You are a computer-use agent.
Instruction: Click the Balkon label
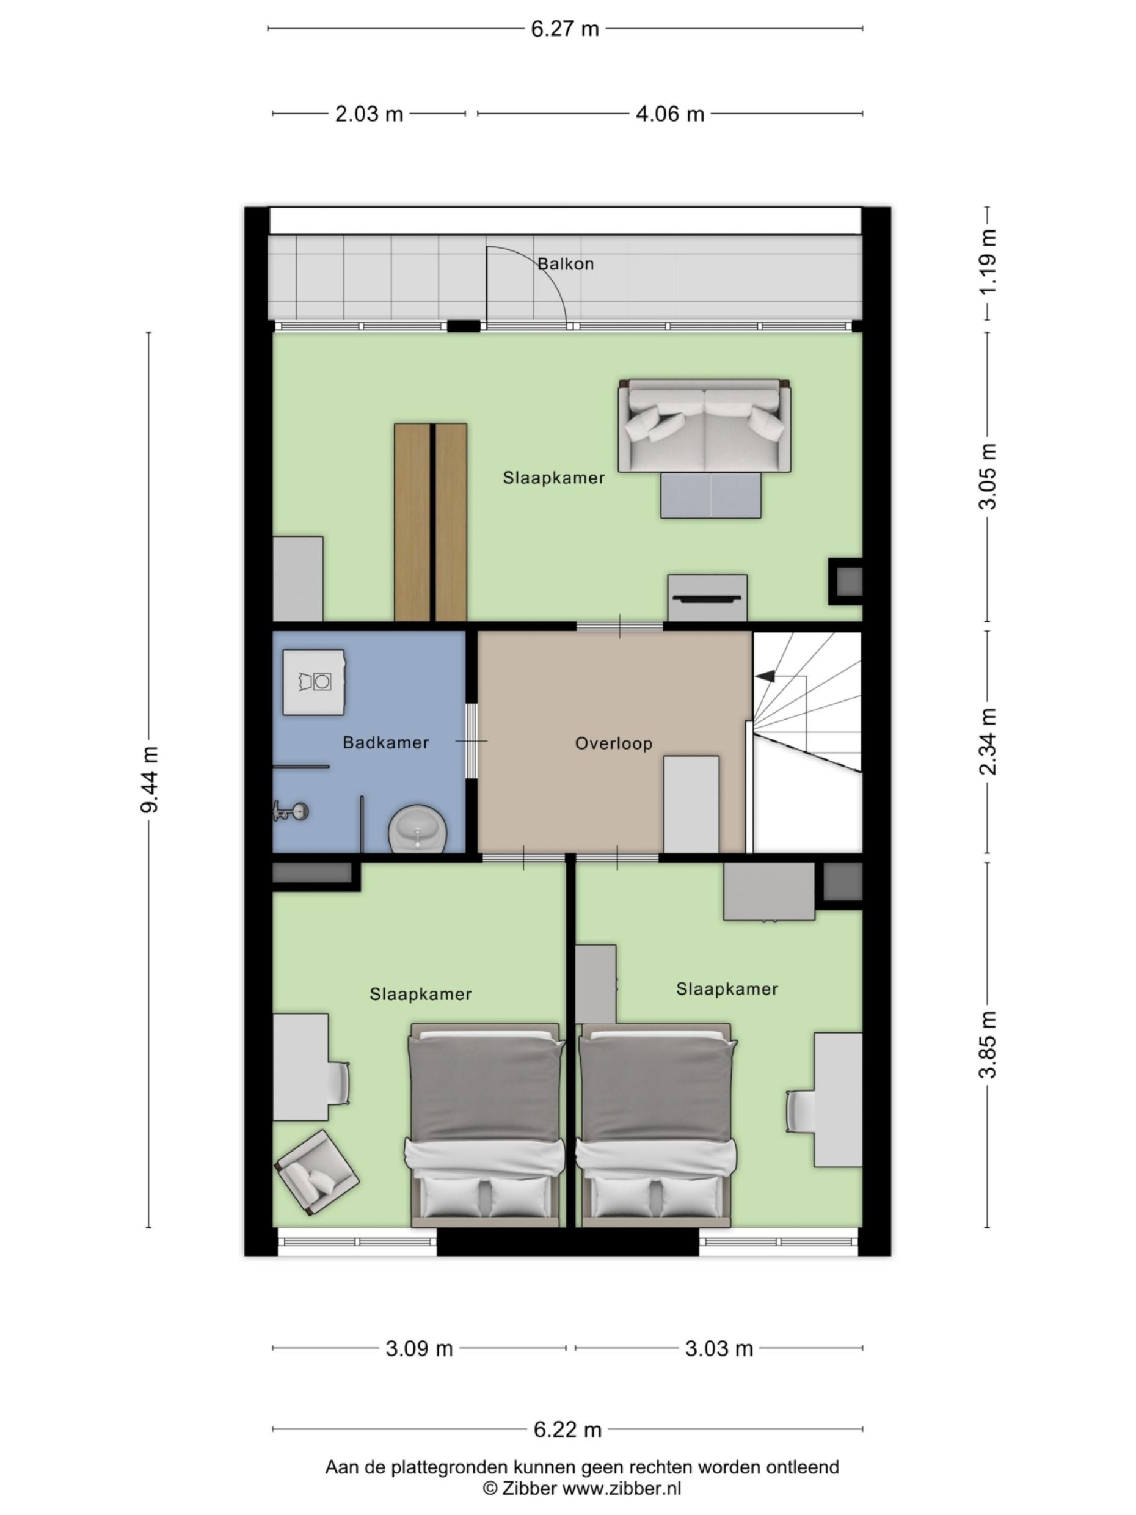click(x=565, y=264)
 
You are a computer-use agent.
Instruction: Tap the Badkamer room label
click(x=385, y=742)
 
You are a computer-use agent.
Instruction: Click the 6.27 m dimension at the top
click(x=565, y=29)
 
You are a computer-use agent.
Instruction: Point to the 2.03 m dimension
click(x=369, y=114)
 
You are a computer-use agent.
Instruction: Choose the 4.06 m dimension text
click(x=669, y=114)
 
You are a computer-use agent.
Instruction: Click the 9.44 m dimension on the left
click(x=149, y=779)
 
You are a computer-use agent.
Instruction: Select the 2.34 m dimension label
click(x=988, y=741)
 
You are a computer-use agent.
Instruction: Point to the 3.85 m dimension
click(x=988, y=1045)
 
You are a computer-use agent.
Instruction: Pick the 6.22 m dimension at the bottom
click(x=567, y=1429)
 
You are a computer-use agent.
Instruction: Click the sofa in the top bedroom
click(x=704, y=426)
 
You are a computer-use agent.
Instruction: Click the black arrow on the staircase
click(x=764, y=677)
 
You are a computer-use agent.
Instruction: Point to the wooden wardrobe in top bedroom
click(x=431, y=522)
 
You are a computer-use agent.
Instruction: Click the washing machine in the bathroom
click(x=313, y=682)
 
